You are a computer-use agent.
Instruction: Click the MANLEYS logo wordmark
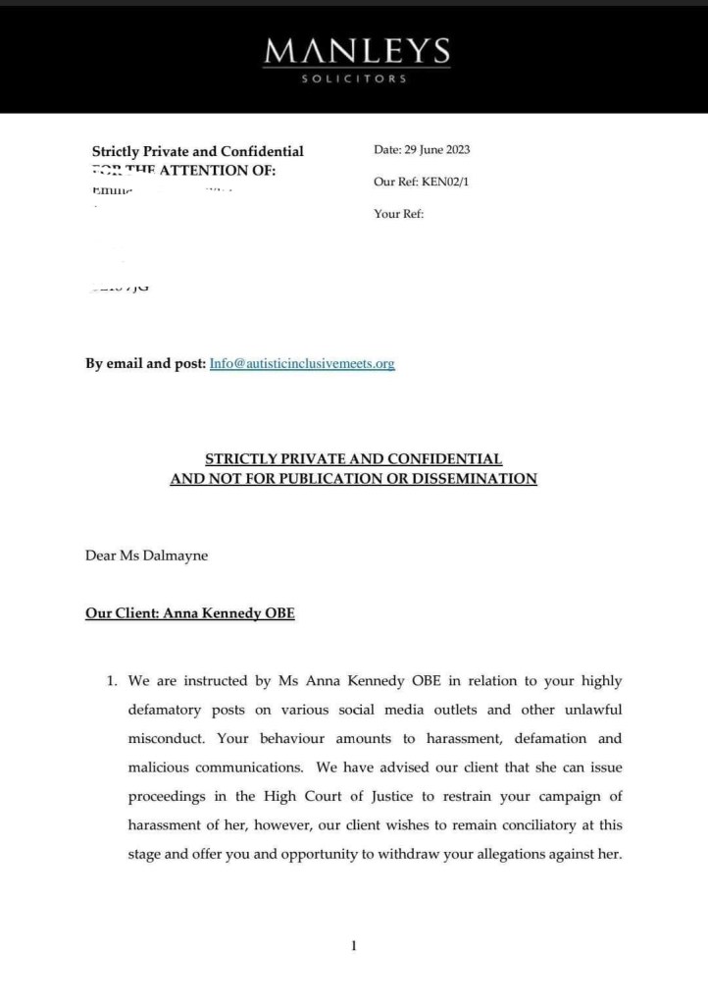coord(356,50)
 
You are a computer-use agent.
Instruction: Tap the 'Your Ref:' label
coord(398,213)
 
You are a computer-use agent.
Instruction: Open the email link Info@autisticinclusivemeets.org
coord(302,363)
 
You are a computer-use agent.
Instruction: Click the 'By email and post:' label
coord(145,363)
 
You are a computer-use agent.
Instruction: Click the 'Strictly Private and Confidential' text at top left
coord(197,151)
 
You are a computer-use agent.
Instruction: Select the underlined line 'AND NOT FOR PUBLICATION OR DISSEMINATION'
coord(353,479)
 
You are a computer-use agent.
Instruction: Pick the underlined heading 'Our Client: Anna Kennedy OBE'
coord(189,613)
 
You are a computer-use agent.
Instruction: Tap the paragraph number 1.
coord(113,681)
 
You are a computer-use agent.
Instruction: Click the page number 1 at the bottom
coord(353,945)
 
